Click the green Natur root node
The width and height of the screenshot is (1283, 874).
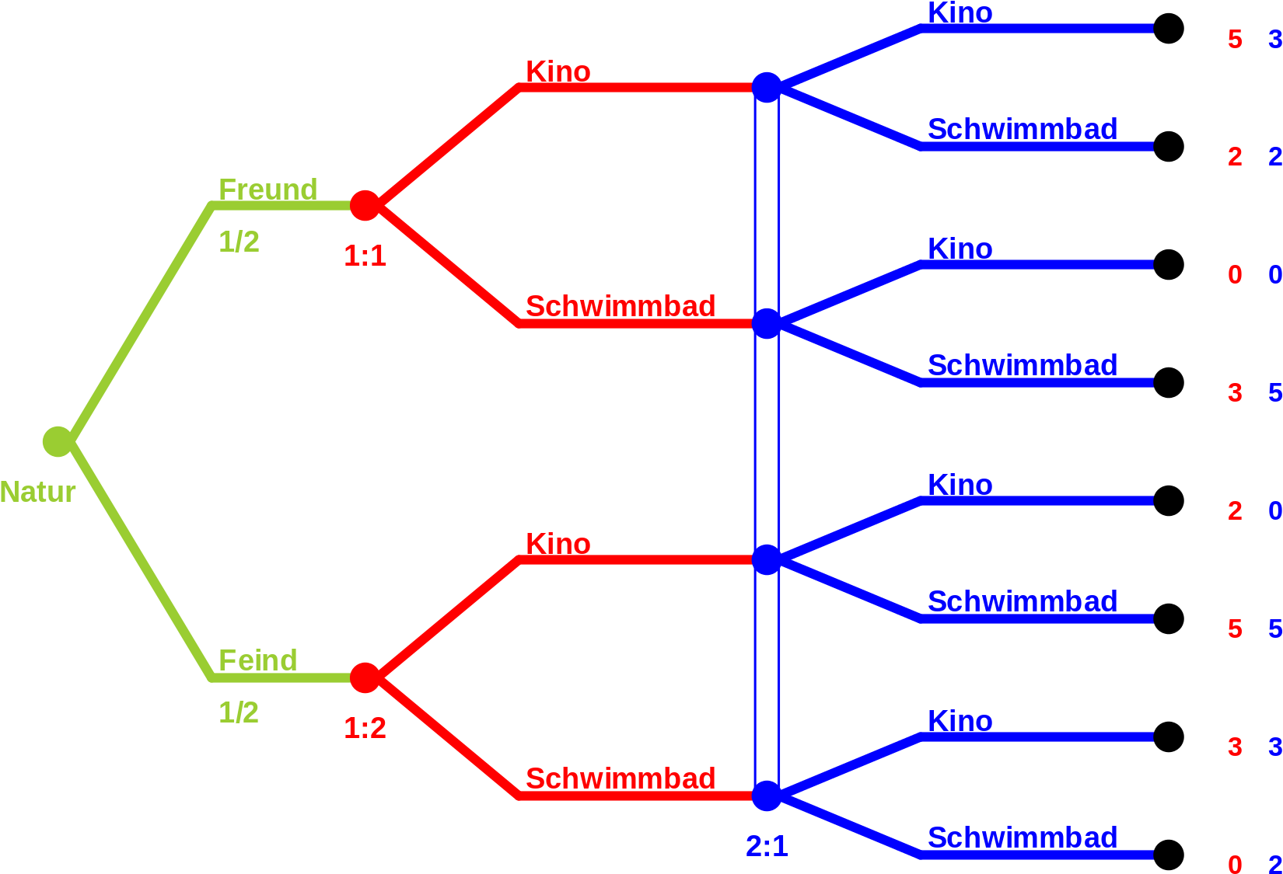coord(58,442)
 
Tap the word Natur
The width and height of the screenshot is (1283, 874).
coord(38,492)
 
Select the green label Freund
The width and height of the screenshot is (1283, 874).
coord(268,190)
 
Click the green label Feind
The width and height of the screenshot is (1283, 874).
coord(258,660)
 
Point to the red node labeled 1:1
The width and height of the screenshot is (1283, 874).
coord(365,205)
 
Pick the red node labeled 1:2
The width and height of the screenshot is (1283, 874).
coord(365,677)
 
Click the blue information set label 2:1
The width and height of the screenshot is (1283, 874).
coord(767,846)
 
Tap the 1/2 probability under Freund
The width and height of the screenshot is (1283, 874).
coord(239,242)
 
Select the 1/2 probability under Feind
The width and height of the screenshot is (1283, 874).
coord(239,712)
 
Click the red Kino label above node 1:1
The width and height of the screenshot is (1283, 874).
coord(558,71)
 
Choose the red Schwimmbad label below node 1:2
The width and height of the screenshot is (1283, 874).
coord(621,778)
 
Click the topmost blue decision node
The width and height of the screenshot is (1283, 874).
coord(767,88)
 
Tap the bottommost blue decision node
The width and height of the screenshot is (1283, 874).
coord(767,796)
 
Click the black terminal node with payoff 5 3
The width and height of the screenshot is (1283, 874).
coord(1169,28)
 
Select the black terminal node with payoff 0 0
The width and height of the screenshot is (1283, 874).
coord(1169,264)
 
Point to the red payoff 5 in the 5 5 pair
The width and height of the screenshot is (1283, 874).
coord(1235,629)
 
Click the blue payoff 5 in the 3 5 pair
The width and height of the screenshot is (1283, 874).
coord(1275,392)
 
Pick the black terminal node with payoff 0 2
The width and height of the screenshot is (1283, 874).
coord(1169,855)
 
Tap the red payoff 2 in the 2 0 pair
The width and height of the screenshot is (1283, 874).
coord(1235,510)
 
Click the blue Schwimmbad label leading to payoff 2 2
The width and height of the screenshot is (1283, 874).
coord(1023,129)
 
